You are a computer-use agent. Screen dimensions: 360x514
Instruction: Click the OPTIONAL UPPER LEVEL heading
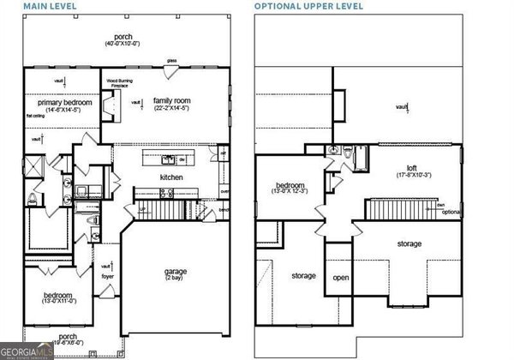tap(308, 6)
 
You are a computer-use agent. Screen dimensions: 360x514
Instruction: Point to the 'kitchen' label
tap(171, 177)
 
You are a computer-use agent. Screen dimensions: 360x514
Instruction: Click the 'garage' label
tap(176, 272)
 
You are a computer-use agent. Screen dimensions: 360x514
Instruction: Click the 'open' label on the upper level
tap(341, 277)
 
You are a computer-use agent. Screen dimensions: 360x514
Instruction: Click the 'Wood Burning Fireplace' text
tap(118, 83)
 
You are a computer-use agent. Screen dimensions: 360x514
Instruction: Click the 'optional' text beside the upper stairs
tap(451, 212)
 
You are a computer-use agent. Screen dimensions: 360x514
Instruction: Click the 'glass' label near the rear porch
tap(171, 61)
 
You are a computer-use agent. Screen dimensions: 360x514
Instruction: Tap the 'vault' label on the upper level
tap(401, 106)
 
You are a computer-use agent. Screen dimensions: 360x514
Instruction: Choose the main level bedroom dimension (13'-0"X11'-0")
tap(60, 302)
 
